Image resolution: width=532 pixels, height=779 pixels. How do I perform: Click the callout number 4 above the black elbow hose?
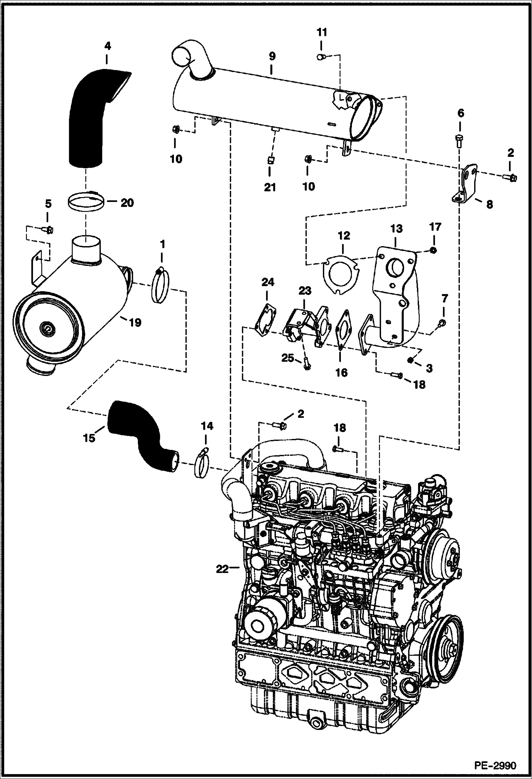tap(107, 46)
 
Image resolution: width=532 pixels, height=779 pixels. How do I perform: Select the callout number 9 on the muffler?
tap(272, 56)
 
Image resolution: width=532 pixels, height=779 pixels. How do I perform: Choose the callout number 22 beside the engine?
tap(223, 568)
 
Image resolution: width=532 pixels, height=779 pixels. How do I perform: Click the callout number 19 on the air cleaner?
tap(135, 322)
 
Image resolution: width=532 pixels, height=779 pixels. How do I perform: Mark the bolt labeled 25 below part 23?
tap(306, 364)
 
